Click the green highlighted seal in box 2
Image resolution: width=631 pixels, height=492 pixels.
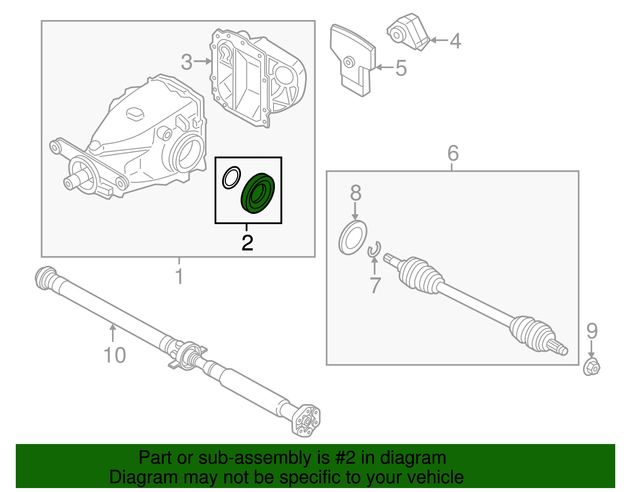(258, 193)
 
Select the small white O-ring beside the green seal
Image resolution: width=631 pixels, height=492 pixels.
(231, 177)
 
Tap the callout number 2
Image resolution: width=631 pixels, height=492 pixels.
(247, 243)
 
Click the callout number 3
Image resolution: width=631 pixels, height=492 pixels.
(187, 62)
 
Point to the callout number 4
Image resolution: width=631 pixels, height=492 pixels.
(456, 41)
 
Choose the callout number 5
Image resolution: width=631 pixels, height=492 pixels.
(401, 68)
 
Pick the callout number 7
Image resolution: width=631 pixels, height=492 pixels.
(375, 285)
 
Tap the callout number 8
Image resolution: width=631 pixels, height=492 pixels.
(355, 193)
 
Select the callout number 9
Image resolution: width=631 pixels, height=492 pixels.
(592, 331)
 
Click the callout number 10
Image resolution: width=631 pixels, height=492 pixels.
(114, 355)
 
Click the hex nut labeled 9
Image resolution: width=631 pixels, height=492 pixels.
(592, 368)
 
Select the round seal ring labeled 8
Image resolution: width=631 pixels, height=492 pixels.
(353, 238)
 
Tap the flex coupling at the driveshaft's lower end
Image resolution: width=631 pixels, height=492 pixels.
(306, 421)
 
